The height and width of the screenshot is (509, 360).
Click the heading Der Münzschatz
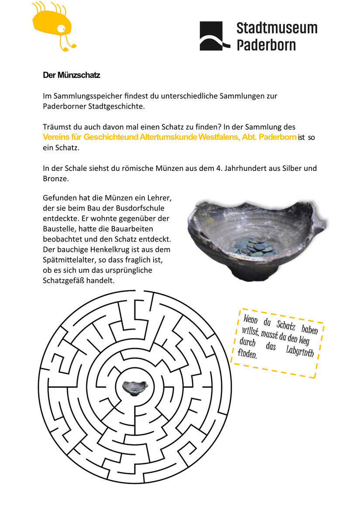[x=72, y=75]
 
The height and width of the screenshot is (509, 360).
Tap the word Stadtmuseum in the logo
[x=277, y=28]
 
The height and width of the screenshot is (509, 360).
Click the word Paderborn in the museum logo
[x=266, y=44]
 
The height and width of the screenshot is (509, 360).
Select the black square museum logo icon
[x=215, y=36]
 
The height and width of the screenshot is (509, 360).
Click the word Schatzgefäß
[x=63, y=281]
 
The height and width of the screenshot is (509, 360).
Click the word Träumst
[x=56, y=127]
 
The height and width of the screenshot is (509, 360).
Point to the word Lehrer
[x=160, y=198]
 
